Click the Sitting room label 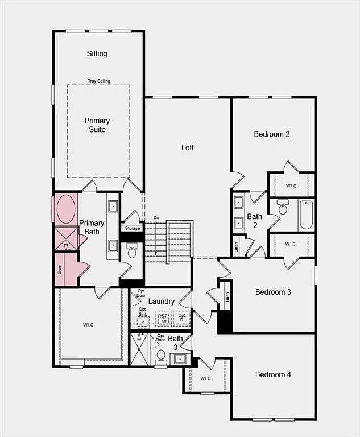click(97, 53)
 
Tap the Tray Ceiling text click(99, 81)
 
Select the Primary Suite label click(97, 125)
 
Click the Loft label click(188, 147)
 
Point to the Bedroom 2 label click(272, 134)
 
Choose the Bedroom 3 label click(273, 292)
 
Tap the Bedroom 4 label click(273, 374)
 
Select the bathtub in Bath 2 click(306, 215)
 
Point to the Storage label click(133, 228)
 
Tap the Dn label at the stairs click(156, 218)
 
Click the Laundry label click(162, 301)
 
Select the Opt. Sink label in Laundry click(143, 312)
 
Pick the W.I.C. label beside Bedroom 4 click(206, 378)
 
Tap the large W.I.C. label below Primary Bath click(89, 325)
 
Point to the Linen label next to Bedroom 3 click(227, 297)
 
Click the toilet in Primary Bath click(132, 251)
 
